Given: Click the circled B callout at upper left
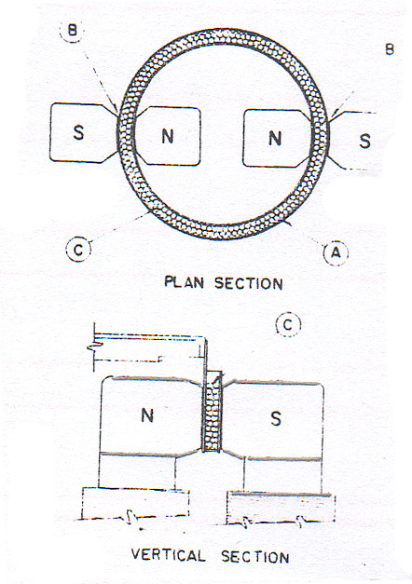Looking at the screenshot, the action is pos(72,30).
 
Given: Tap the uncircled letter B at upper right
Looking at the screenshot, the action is pos(390,48).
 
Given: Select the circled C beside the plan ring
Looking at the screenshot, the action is pos(78,250).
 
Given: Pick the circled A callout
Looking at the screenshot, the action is pos(336,253).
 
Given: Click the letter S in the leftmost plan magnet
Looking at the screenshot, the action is pos(78,132).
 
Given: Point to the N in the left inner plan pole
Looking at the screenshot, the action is pos(168,136).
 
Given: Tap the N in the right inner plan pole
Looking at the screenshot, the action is pos(275,138).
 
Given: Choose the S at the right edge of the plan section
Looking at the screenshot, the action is pos(365,141).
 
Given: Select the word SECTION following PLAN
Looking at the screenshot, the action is pos(249,283).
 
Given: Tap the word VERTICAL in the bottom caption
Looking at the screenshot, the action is pos(168,555).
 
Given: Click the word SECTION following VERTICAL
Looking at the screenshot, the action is pos(255,557).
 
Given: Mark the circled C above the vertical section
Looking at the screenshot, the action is pos(288,325).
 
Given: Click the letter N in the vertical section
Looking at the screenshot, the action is pos(147,415).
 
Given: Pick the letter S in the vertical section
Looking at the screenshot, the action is pos(276,418).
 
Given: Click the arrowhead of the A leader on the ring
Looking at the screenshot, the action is pos(286,223).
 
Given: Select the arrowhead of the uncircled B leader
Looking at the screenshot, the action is pos(332,114).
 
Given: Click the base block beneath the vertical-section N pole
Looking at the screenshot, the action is pos(136,503).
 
